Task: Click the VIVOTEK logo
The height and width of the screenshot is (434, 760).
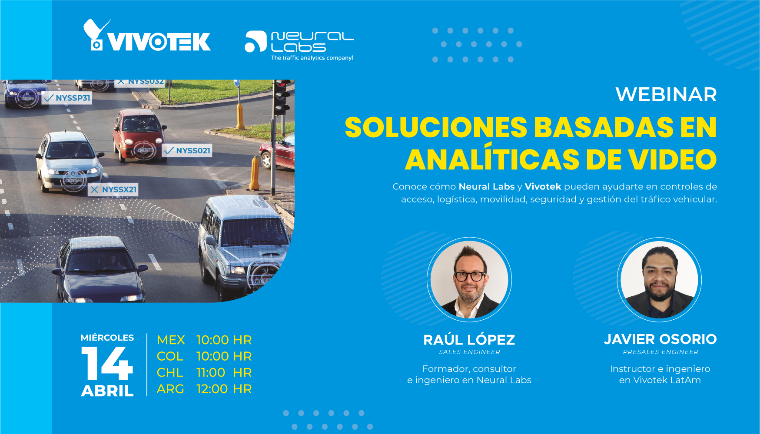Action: pos(147,36)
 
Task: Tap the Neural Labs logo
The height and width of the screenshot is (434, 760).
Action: pos(299,45)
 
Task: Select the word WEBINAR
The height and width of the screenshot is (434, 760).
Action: pos(666,95)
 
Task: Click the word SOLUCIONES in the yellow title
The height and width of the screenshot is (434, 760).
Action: pos(436,128)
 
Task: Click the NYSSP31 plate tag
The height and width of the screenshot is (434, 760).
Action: pos(67,98)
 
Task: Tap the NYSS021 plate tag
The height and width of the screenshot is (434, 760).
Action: pos(187,151)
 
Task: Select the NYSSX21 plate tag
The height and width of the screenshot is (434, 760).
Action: pos(113,189)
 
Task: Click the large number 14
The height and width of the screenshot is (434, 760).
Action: pos(107,363)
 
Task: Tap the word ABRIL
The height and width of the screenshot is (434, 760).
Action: pos(107,391)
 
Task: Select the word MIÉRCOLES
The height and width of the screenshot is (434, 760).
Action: pos(107,338)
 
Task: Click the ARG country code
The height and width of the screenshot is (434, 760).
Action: pos(170,389)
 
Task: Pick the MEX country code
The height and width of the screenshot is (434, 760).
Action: pos(171,340)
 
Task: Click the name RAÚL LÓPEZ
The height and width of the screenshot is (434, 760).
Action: pos(469,339)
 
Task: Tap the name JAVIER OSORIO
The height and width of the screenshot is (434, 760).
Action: pos(660,339)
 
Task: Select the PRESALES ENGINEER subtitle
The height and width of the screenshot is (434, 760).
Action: pos(661,352)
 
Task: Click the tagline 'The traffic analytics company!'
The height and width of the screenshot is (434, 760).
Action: pos(312,58)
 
